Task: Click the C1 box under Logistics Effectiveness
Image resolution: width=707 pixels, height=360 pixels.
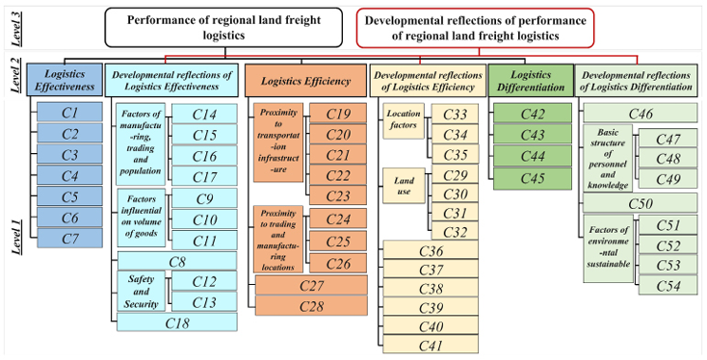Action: pyautogui.click(x=69, y=113)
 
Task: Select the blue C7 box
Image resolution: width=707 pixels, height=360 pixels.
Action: pyautogui.click(x=69, y=237)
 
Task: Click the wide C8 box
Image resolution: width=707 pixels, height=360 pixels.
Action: pyautogui.click(x=176, y=261)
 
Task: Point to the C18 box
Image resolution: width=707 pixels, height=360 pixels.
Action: pyautogui.click(x=176, y=322)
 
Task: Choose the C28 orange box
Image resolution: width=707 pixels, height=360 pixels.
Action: pyautogui.click(x=311, y=305)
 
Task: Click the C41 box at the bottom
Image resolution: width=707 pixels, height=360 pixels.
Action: pyautogui.click(x=432, y=346)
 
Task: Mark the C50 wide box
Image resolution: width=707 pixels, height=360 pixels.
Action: pyautogui.click(x=639, y=203)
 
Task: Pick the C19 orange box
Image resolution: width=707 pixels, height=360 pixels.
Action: pyautogui.click(x=337, y=114)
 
